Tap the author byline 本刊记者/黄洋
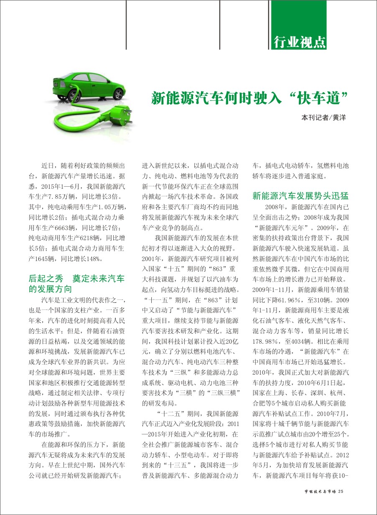point(324,118)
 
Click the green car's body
point(90,86)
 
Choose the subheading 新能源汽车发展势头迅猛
point(301,196)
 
